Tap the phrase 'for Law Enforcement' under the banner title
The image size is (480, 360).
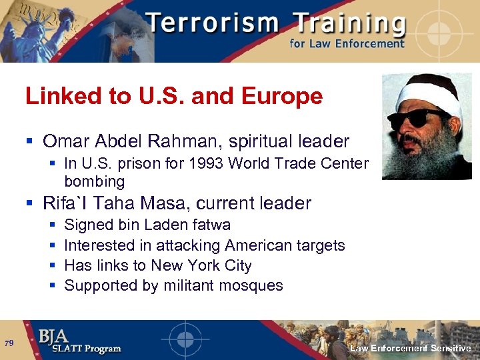pyautogui.click(x=347, y=44)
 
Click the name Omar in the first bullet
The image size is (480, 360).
pyautogui.click(x=67, y=141)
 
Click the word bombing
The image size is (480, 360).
pyautogui.click(x=94, y=181)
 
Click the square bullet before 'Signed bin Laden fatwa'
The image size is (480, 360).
pyautogui.click(x=52, y=226)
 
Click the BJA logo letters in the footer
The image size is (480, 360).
pyautogui.click(x=54, y=336)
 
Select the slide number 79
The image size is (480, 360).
pyautogui.click(x=9, y=343)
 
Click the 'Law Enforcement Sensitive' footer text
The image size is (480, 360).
pyautogui.click(x=411, y=348)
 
